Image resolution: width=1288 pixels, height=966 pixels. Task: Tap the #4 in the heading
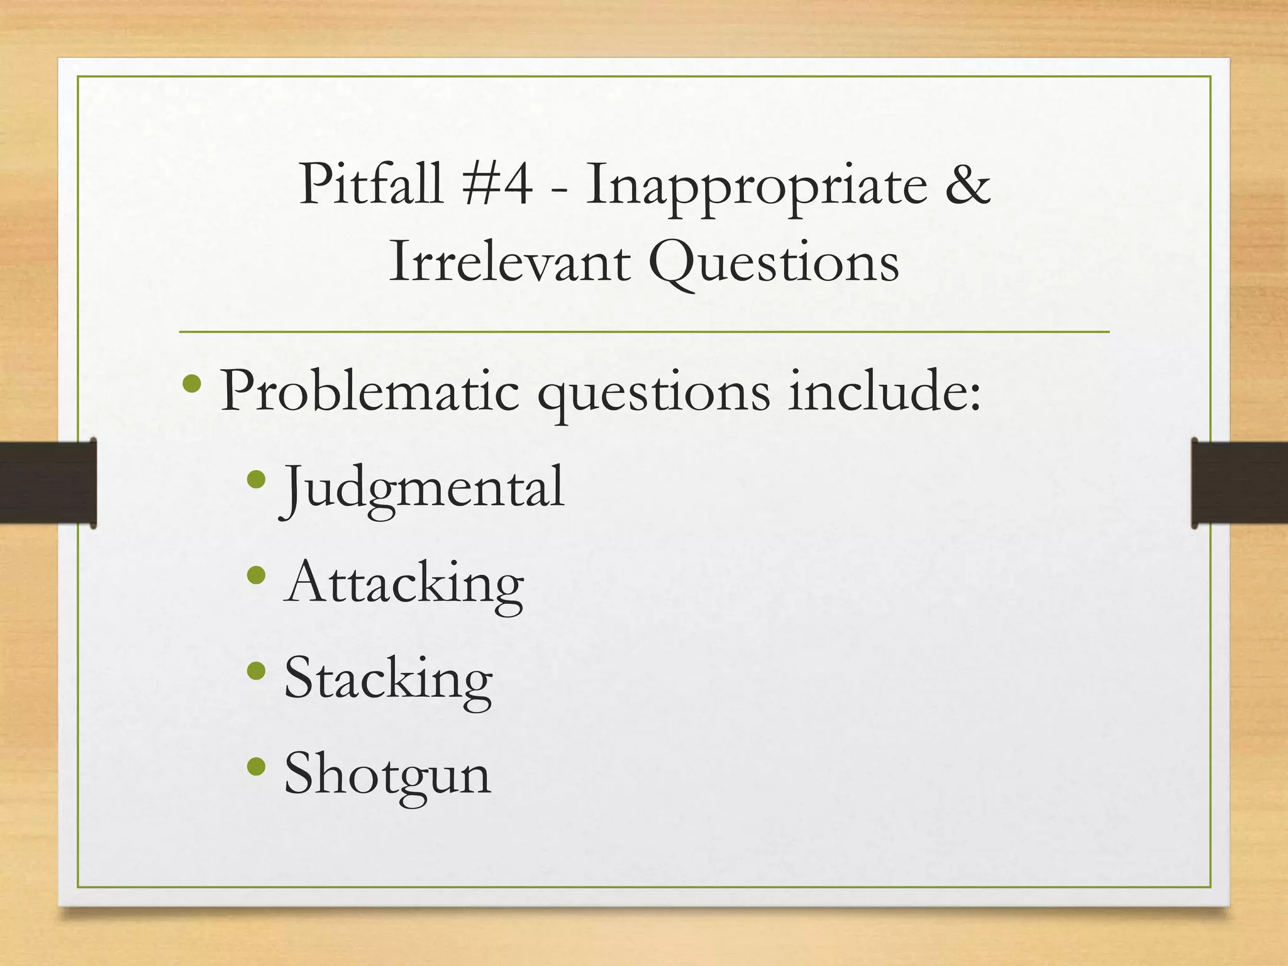coord(497,184)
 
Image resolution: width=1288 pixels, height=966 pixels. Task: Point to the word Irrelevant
coord(509,262)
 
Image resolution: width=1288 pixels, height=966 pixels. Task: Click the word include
coord(884,391)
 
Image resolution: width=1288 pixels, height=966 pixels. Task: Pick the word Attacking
coord(404,584)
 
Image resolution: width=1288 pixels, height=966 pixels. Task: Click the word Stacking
coord(388,680)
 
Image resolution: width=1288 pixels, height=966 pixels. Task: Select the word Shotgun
coord(387,775)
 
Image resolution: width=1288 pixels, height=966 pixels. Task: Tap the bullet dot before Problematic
coord(191,383)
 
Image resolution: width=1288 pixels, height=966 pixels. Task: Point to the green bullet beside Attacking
coord(257,575)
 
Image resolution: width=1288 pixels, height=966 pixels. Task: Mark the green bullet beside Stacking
coord(257,671)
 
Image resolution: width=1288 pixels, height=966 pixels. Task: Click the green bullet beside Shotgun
coord(257,766)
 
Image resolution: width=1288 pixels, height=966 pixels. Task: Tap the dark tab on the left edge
coord(48,482)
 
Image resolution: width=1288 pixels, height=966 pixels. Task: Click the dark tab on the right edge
coord(1239,482)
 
